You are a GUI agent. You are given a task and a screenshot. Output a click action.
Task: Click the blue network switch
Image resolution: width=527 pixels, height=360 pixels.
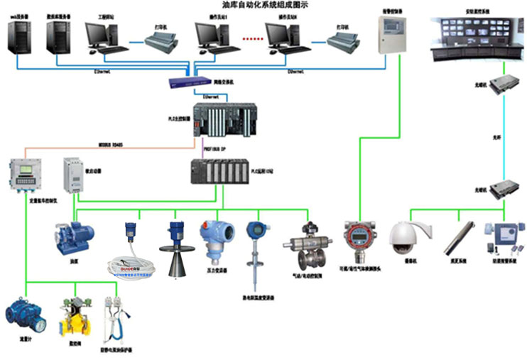191,82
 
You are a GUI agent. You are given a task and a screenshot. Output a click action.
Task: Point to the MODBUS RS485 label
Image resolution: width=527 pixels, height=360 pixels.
111,145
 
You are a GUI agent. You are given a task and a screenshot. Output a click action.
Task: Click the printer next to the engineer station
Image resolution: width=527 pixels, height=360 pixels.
165,43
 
